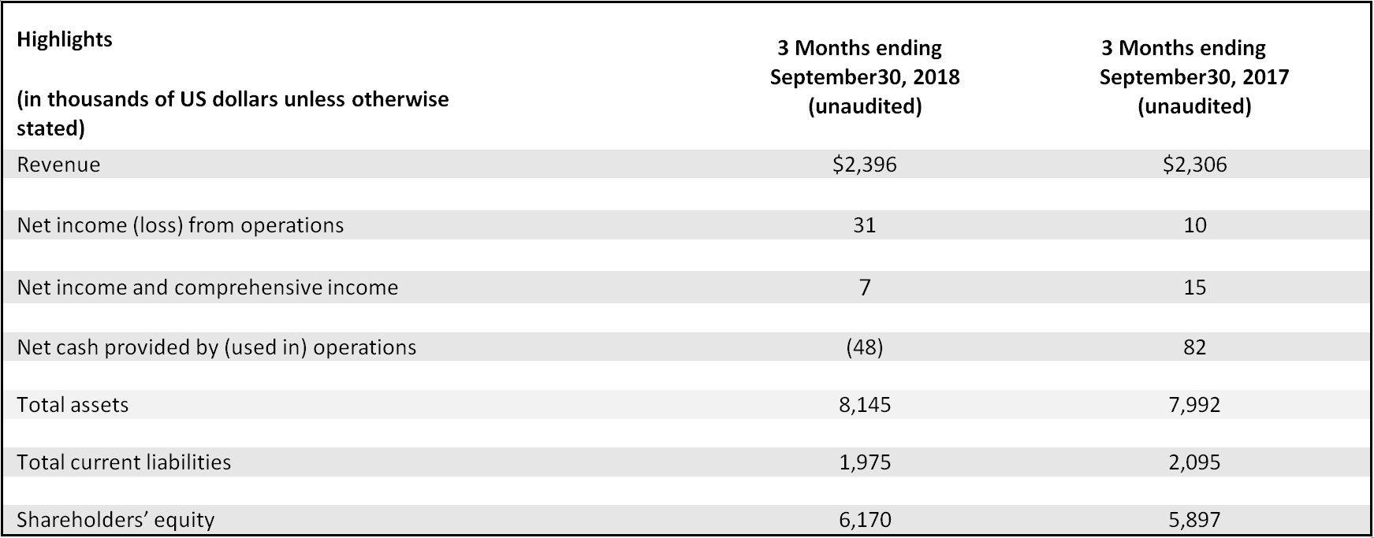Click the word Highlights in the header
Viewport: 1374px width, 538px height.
[x=65, y=39]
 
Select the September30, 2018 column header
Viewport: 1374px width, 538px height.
[x=865, y=77]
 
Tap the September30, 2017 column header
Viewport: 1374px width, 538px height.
[x=1193, y=77]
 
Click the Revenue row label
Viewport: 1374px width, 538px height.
[x=59, y=165]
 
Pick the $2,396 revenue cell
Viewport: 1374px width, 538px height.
[x=865, y=165]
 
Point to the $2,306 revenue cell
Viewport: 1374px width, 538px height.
[x=1194, y=165]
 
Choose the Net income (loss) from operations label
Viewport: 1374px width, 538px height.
[x=181, y=225]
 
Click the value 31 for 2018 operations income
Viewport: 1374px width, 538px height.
[x=865, y=225]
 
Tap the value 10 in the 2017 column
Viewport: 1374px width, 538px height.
[x=1194, y=225]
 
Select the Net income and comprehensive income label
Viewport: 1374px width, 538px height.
[x=207, y=288]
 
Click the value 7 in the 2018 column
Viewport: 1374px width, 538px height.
[x=865, y=288]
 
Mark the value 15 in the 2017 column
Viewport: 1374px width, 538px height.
[x=1194, y=288]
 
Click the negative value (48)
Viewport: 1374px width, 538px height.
[x=865, y=347]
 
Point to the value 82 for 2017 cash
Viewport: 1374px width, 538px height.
[x=1194, y=347]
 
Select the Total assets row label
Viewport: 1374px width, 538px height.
[x=73, y=405]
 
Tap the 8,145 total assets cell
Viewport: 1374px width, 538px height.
[x=865, y=405]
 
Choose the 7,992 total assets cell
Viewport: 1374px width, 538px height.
[x=1194, y=405]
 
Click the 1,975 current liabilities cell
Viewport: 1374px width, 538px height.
[x=865, y=462]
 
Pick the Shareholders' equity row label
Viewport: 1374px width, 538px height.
[x=116, y=520]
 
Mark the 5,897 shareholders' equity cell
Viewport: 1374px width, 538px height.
[x=1194, y=520]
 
